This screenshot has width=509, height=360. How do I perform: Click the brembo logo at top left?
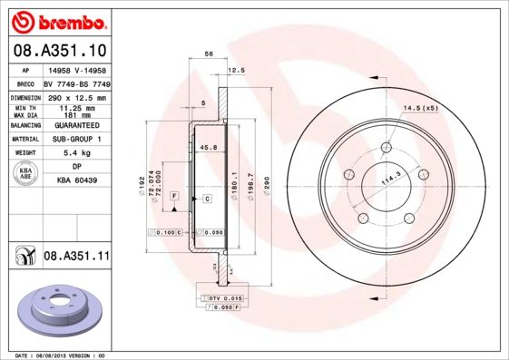(57, 19)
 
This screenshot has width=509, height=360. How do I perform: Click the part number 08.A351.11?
(76, 258)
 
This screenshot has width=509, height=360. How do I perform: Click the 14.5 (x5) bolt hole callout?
(420, 109)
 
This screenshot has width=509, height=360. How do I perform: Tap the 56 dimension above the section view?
(210, 55)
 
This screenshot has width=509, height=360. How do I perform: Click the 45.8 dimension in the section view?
(208, 148)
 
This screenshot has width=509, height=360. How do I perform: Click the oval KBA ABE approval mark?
(24, 173)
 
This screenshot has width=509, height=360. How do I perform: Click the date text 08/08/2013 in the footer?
(52, 355)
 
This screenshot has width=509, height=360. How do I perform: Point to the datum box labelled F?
(172, 197)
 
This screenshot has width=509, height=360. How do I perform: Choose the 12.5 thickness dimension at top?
(237, 70)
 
